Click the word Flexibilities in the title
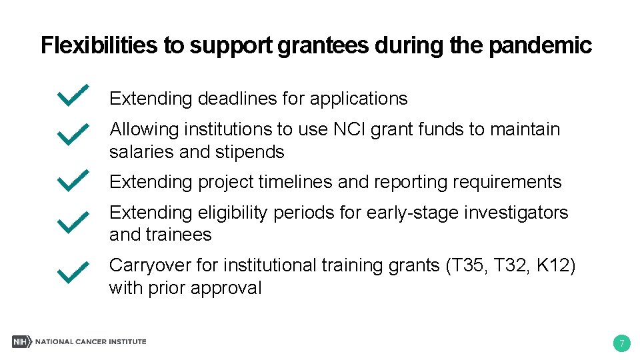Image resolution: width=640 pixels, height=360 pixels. (x=99, y=45)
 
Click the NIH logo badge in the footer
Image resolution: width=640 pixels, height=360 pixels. (x=21, y=341)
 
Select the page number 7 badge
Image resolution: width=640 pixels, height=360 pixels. (x=621, y=344)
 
